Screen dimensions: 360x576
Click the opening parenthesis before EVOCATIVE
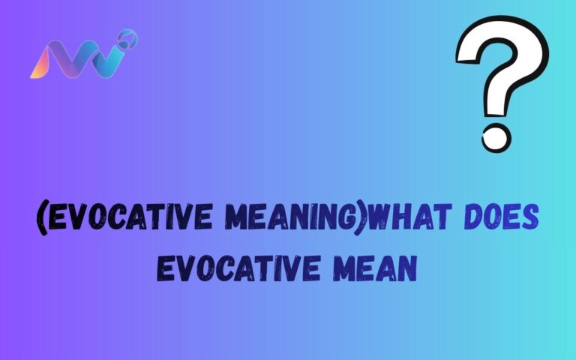coord(40,220)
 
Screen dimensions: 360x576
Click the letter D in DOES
coord(475,220)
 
